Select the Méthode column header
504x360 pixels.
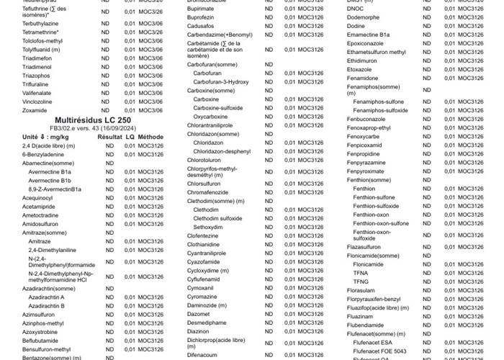pos(151,136)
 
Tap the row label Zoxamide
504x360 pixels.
pos(34,111)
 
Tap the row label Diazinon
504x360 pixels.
pos(199,332)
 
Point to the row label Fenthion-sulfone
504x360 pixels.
pos(374,197)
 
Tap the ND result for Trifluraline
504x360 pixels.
pos(106,84)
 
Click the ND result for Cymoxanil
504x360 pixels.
pos(269,288)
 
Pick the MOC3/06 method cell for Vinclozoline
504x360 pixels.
pos(151,102)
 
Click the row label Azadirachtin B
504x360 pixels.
pos(47,305)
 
